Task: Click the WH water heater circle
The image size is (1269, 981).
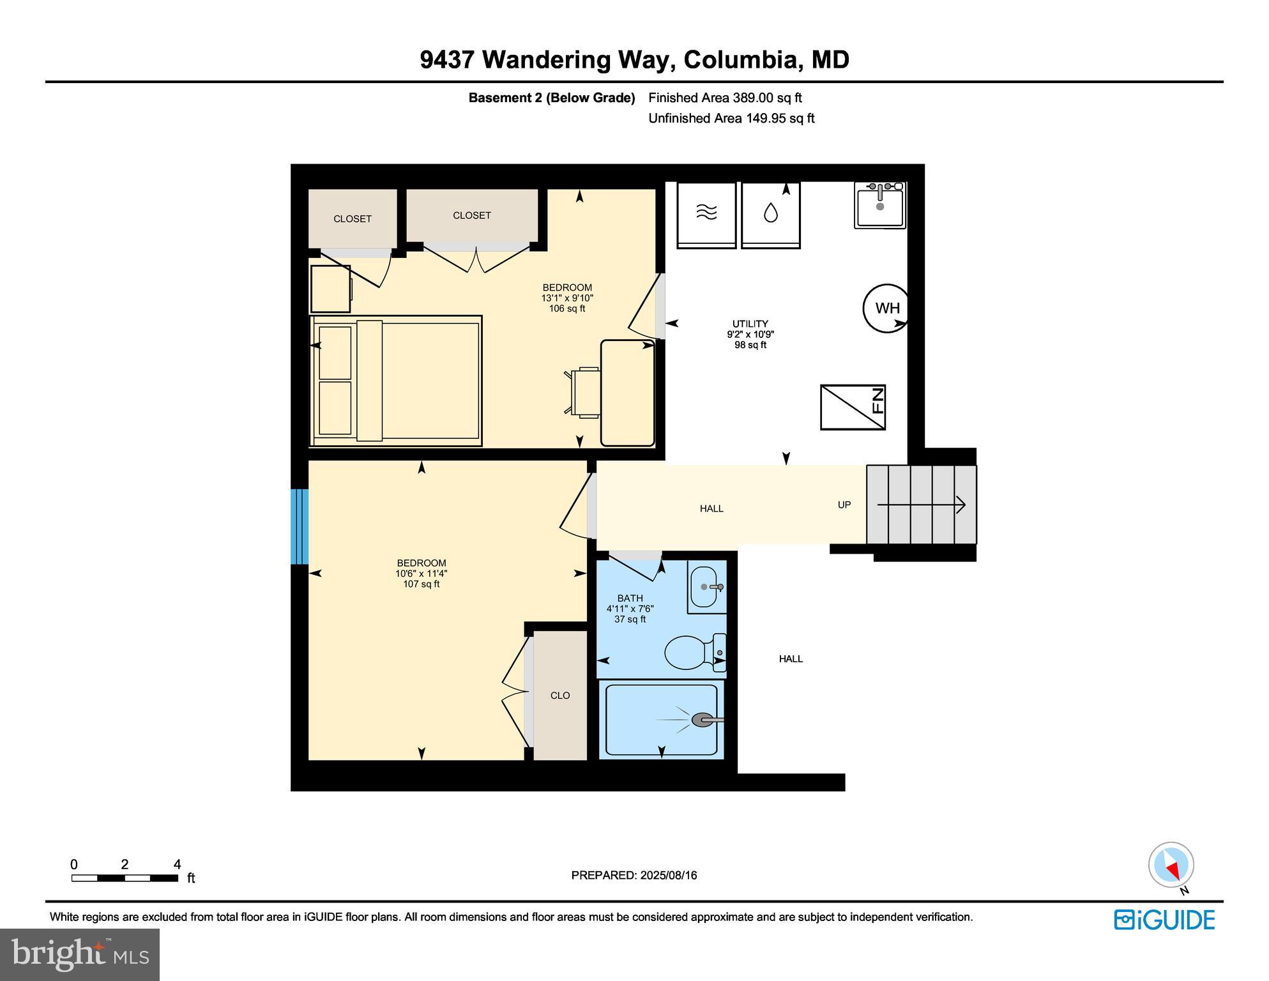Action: pos(886,308)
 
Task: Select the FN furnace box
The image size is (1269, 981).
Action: pos(853,407)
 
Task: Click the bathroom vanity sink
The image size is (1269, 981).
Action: pos(706,586)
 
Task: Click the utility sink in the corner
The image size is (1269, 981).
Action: pos(880,205)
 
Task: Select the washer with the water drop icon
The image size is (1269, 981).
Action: pos(770,214)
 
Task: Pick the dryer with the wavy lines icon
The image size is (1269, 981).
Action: pos(706,214)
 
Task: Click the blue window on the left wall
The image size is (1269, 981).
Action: pos(300,527)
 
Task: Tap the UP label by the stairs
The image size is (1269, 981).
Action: pos(844,505)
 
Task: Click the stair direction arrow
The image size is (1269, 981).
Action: pos(922,505)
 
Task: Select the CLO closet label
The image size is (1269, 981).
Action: pos(560,696)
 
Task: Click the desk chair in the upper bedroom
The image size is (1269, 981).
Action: pos(584,393)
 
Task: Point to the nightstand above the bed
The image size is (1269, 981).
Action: pos(330,289)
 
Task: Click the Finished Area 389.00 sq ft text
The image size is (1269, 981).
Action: pos(725,98)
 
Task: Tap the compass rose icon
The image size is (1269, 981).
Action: pos(1171,865)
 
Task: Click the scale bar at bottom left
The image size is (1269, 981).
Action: pos(125,878)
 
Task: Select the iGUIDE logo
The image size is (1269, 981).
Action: pos(1164,920)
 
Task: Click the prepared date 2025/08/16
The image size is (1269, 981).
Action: pos(634,876)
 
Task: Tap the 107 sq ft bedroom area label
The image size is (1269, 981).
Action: pos(421,584)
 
